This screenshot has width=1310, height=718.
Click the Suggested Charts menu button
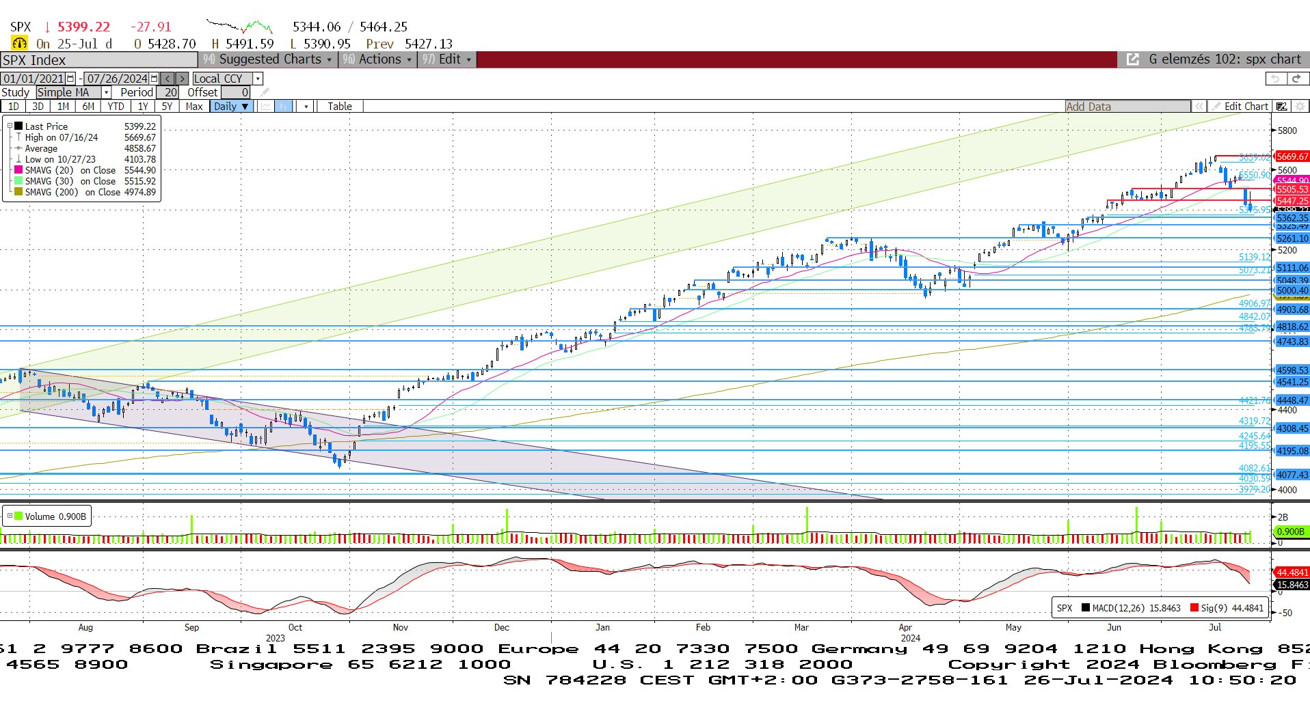tap(267, 59)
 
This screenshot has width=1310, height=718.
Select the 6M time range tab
tap(88, 107)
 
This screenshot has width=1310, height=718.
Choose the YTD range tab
tap(116, 107)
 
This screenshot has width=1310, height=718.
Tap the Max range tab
tap(193, 107)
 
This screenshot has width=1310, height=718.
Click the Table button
tap(339, 107)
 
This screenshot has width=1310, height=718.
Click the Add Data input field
tap(1127, 107)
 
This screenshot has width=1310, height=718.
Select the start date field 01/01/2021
tap(34, 79)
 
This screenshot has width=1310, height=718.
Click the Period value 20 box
tap(170, 92)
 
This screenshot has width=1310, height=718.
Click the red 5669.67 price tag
tap(1292, 156)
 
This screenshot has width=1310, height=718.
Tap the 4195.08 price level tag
tap(1292, 451)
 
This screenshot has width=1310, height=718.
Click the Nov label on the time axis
tap(400, 627)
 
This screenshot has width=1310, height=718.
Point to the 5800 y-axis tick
tap(1287, 130)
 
